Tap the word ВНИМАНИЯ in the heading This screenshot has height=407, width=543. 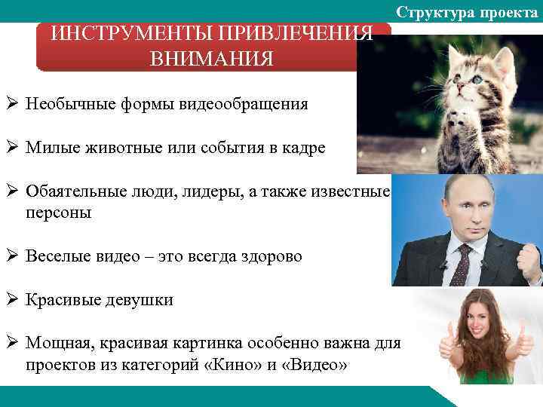coord(213,59)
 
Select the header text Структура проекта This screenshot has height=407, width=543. coord(468,11)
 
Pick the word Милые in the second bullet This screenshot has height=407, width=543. coord(51,148)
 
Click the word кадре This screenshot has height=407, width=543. coord(301,148)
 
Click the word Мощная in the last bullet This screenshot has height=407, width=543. coord(57,344)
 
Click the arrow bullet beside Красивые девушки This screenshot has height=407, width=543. coord(12,299)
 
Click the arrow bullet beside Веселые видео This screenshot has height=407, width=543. coord(12,256)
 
